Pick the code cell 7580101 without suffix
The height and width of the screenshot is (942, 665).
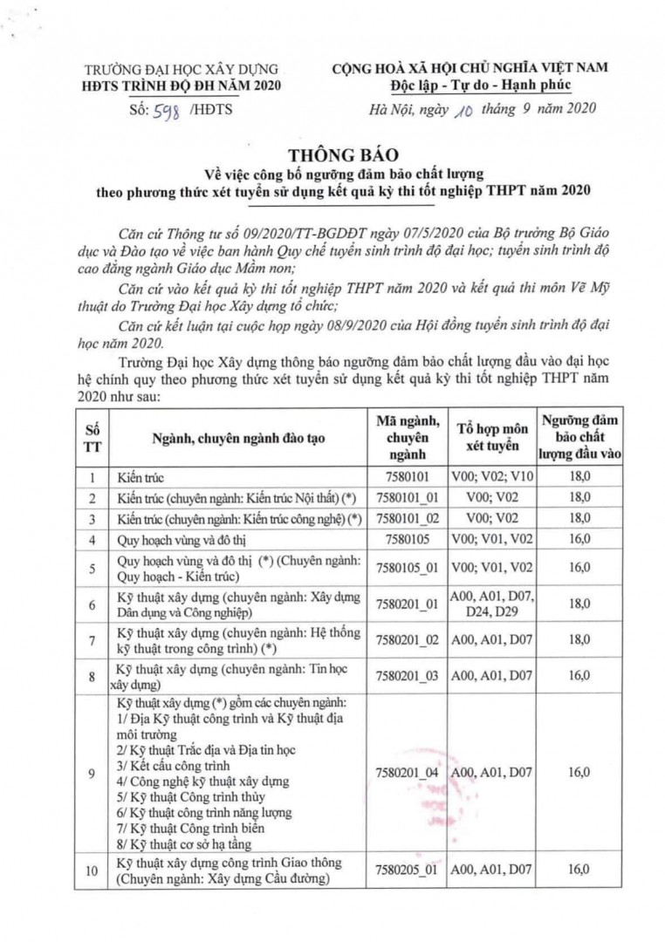409,478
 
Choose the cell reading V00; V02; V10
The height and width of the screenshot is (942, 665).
491,478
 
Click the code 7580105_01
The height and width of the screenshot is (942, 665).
409,568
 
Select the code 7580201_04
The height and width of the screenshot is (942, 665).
409,773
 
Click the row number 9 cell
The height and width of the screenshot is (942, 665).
93,773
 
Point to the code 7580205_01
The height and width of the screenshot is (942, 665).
409,870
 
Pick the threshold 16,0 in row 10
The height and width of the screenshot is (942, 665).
579,870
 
